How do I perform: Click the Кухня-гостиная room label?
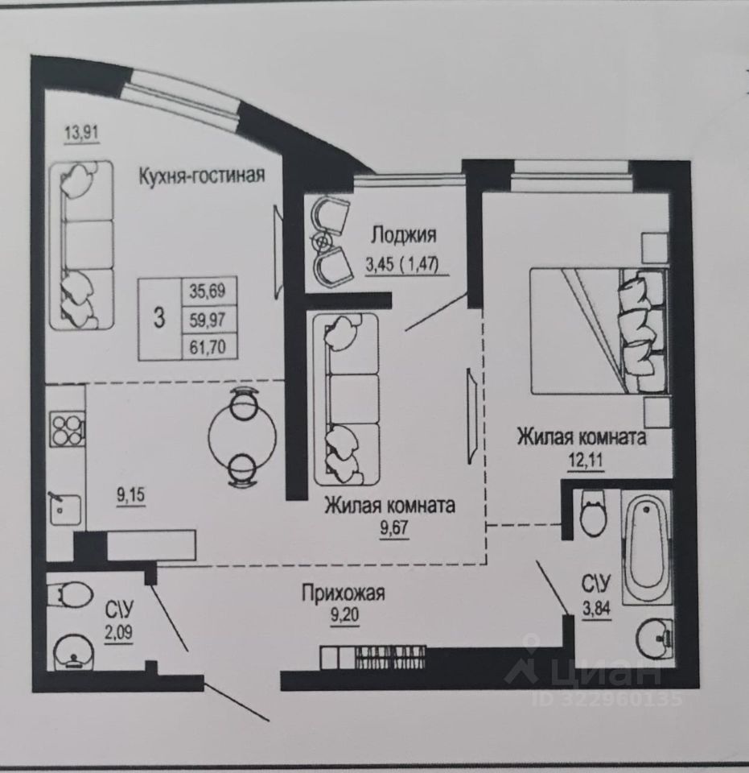[x=201, y=175]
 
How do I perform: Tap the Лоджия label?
[x=403, y=235]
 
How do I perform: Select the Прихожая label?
[x=344, y=593]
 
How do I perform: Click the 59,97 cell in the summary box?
[x=208, y=319]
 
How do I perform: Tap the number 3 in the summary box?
[x=159, y=319]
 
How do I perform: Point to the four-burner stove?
[x=67, y=428]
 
